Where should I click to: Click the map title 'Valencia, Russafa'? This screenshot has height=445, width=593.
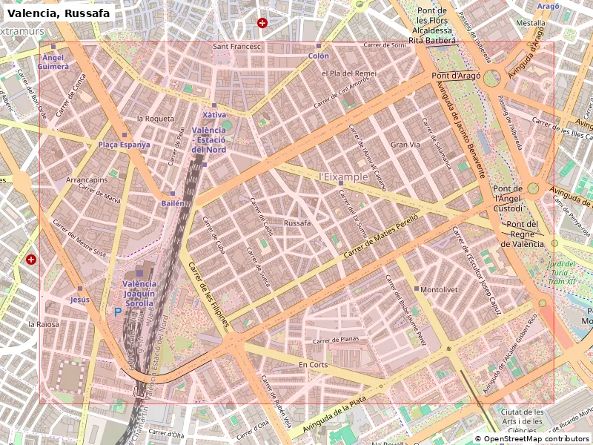[59, 13]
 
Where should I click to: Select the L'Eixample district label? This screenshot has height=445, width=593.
[343, 177]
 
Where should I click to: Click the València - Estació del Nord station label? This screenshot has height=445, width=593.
[208, 140]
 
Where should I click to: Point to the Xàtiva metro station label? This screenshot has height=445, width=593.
[214, 115]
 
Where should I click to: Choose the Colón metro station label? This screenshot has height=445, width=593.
[319, 56]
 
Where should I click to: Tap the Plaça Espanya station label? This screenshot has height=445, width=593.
[125, 145]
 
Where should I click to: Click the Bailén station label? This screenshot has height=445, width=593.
[172, 202]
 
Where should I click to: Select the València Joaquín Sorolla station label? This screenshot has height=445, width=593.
[139, 293]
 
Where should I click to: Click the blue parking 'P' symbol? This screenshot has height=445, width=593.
[117, 313]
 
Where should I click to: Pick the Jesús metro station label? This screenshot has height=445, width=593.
[79, 299]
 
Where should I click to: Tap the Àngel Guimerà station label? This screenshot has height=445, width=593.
[53, 62]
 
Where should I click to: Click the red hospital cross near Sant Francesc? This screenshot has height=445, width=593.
[262, 23]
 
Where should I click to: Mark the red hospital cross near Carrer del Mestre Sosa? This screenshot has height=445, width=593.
[31, 260]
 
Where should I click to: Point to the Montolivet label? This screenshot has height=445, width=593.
[438, 290]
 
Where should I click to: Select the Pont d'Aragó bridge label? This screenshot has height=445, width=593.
[456, 76]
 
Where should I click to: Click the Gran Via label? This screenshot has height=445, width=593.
[405, 145]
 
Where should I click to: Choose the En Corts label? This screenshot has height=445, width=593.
[313, 365]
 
